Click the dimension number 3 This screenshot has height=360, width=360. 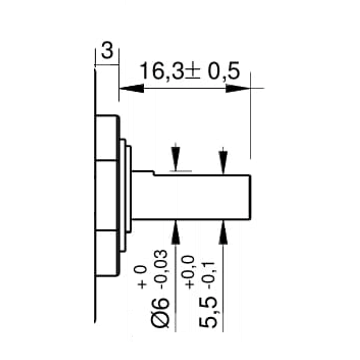coord(107,52)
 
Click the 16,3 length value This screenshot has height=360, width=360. coord(162,71)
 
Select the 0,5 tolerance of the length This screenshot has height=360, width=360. coord(223,71)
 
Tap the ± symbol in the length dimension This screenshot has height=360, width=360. coord(191,72)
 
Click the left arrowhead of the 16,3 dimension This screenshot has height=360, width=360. coord(132,88)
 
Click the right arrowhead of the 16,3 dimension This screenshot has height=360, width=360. coord(238,88)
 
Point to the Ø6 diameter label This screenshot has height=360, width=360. coord(161,312)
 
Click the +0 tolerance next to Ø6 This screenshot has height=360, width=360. coord(142,277)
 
